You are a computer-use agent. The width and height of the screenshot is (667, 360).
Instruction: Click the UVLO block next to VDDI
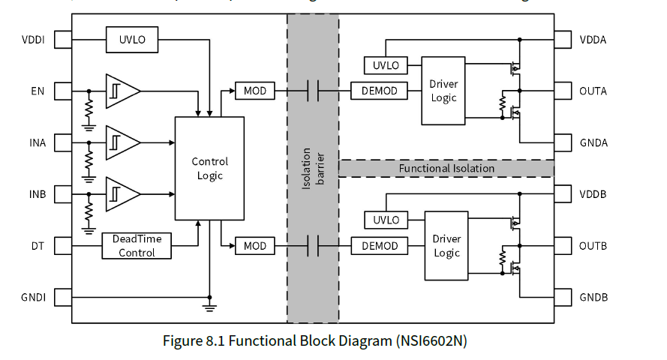(x=132, y=40)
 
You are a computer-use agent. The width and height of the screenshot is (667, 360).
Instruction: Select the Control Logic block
(x=209, y=168)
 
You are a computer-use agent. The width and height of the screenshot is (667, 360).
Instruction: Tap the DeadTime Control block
(x=137, y=246)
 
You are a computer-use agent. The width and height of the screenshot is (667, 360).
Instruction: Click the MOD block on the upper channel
(x=255, y=91)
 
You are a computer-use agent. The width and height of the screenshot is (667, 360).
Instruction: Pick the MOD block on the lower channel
(x=255, y=246)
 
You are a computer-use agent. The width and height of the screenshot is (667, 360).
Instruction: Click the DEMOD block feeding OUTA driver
(x=380, y=91)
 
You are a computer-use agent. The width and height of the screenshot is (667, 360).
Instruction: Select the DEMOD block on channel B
(x=380, y=246)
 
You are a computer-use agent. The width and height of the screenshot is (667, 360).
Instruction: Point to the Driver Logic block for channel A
(x=443, y=91)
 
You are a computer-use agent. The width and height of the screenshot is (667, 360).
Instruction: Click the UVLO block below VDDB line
(x=386, y=220)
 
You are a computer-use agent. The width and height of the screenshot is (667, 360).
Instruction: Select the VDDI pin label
(x=33, y=40)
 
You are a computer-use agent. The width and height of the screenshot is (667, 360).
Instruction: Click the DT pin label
(x=38, y=246)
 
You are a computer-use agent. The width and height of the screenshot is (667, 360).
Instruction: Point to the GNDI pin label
(x=34, y=298)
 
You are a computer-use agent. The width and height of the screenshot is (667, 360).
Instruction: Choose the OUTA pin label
(x=593, y=91)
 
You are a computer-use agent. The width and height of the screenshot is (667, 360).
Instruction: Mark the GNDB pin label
(x=593, y=298)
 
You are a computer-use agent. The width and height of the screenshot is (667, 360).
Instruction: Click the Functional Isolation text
(x=446, y=169)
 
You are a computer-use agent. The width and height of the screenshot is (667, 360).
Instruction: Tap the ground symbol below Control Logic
(x=210, y=306)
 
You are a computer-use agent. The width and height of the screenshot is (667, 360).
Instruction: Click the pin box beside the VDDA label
(x=563, y=40)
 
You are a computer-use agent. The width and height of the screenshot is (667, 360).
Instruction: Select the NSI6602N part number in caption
(x=431, y=341)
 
